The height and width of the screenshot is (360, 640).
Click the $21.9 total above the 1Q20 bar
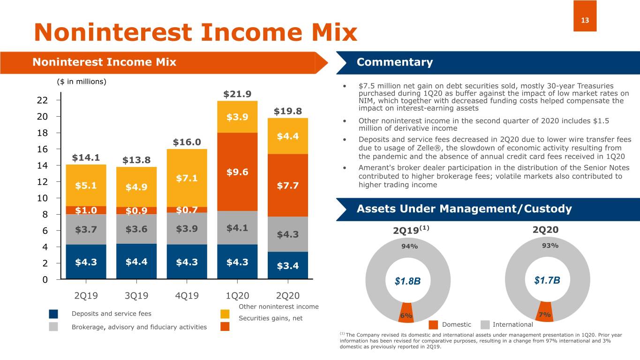pyautogui.click(x=237, y=94)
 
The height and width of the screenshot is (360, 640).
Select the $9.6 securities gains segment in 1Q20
pyautogui.click(x=237, y=172)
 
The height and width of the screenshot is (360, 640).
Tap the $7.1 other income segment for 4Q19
pyautogui.click(x=187, y=178)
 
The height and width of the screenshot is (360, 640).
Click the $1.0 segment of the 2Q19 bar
pyautogui.click(x=86, y=210)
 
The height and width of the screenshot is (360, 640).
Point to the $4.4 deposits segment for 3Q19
pyautogui.click(x=136, y=262)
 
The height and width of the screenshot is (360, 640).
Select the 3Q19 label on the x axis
pyautogui.click(x=136, y=296)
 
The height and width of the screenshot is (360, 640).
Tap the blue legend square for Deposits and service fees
pyautogui.click(x=53, y=314)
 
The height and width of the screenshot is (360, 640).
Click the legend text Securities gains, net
pyautogui.click(x=271, y=318)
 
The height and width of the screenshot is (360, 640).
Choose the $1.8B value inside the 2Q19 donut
pyautogui.click(x=407, y=281)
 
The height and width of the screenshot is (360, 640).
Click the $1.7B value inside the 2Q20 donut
pyautogui.click(x=547, y=280)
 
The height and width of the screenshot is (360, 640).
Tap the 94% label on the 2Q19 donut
pyautogui.click(x=409, y=247)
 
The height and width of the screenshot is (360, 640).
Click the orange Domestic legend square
pyautogui.click(x=434, y=324)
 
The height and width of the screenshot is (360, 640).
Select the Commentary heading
pyautogui.click(x=394, y=62)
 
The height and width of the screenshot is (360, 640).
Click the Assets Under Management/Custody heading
pyautogui.click(x=464, y=209)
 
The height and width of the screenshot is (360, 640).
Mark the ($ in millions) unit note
pyautogui.click(x=82, y=82)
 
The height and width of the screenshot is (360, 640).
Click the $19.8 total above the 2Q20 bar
pyautogui.click(x=287, y=111)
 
